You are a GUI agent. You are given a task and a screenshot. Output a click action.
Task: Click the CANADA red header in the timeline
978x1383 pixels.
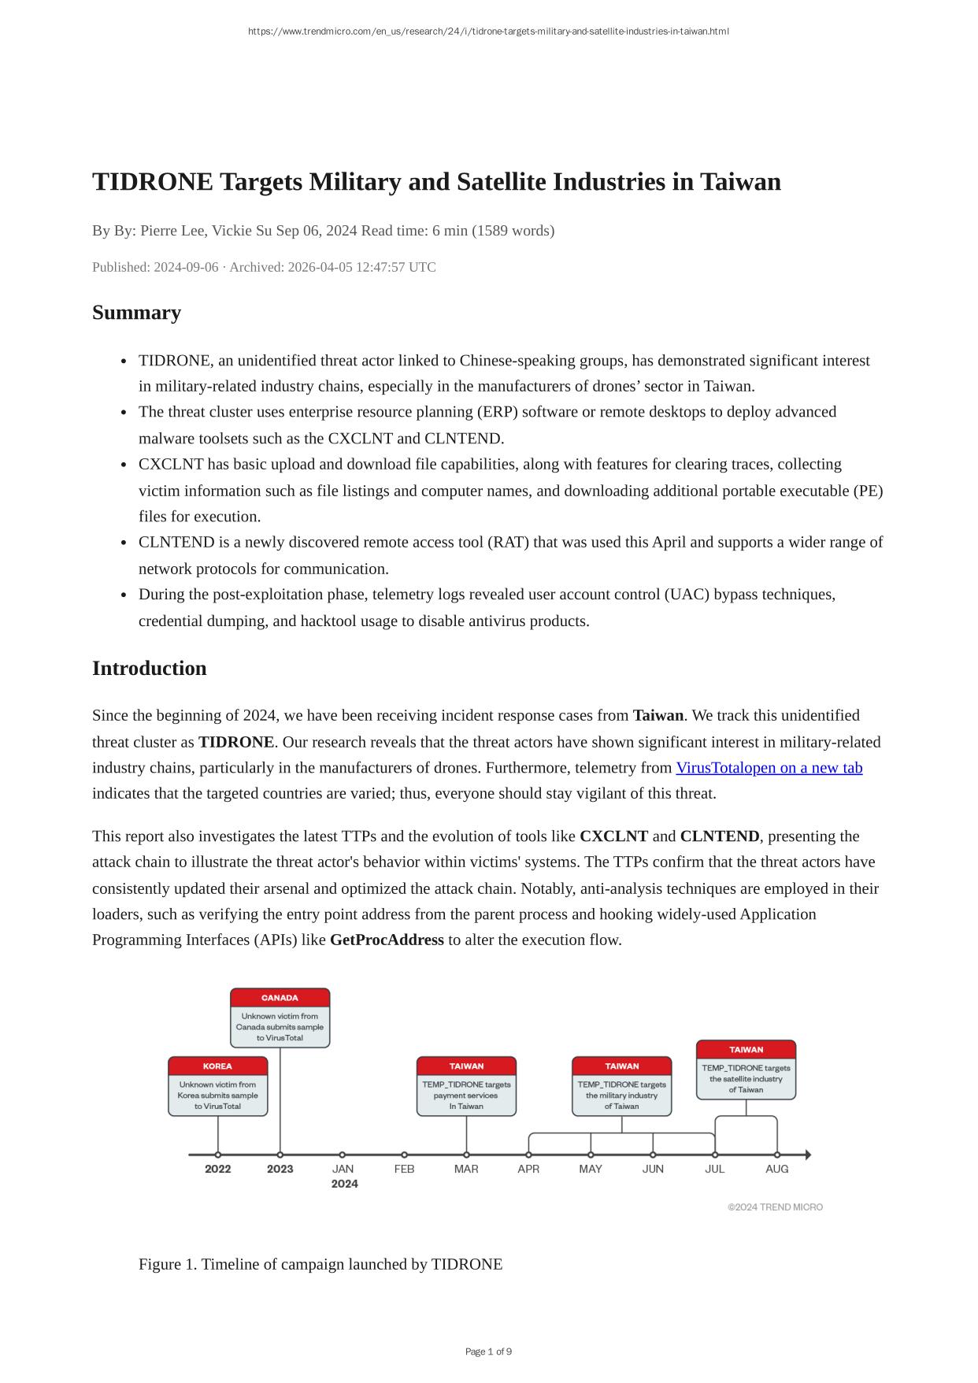[280, 998]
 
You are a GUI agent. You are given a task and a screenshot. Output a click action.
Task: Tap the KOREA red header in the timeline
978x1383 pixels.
[217, 1066]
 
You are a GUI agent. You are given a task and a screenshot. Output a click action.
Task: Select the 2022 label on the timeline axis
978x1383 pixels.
[217, 1169]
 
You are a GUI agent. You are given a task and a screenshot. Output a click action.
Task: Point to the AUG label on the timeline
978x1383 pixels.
[776, 1169]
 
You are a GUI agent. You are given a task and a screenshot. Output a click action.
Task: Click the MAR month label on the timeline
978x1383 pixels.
[466, 1169]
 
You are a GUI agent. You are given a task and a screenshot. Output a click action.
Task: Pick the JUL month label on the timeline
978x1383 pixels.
[714, 1169]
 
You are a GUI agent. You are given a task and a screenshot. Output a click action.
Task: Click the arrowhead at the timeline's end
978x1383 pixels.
[807, 1155]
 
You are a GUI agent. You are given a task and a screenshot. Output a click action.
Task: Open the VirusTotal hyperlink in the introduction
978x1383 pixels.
[769, 768]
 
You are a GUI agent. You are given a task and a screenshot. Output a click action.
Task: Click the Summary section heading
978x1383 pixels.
[136, 313]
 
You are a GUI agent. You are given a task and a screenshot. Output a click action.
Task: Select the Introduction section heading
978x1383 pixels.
[149, 669]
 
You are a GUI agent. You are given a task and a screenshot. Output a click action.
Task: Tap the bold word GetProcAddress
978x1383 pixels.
[387, 940]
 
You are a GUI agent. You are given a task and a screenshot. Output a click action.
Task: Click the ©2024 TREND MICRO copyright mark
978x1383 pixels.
[775, 1207]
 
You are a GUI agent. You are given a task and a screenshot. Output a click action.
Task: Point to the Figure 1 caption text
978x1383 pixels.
[320, 1264]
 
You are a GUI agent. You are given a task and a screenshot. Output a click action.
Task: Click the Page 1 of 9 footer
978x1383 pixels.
[488, 1351]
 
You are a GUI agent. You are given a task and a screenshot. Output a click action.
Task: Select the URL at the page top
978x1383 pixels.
[488, 32]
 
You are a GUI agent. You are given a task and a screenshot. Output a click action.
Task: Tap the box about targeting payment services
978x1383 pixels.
[466, 1096]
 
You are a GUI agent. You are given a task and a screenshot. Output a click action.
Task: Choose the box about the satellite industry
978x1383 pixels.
[746, 1079]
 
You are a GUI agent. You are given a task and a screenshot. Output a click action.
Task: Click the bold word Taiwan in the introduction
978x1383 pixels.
[658, 715]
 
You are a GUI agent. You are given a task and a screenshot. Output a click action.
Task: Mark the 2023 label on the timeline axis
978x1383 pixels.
[280, 1169]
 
